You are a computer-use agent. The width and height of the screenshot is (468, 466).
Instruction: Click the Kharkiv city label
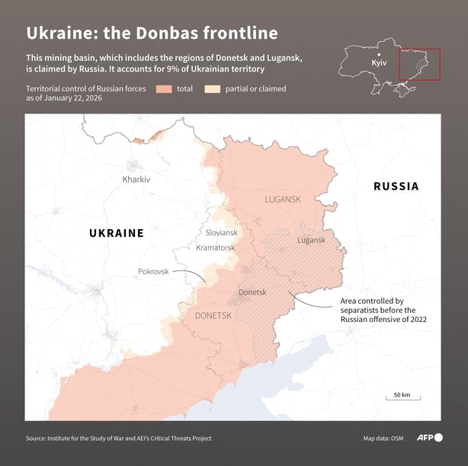136,179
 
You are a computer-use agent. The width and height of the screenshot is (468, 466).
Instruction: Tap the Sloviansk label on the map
222,232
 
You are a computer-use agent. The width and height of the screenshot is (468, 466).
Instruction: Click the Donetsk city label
252,292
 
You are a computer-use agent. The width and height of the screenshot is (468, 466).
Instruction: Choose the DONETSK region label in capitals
214,314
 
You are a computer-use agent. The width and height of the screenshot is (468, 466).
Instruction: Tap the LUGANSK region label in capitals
283,199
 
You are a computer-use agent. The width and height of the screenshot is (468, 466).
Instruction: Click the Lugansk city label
311,240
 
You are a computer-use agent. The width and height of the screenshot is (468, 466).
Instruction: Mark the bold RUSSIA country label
396,186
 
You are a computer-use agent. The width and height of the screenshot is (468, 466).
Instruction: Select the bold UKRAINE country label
116,233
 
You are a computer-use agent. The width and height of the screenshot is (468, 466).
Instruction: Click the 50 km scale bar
402,398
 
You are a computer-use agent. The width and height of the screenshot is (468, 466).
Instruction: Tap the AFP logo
429,438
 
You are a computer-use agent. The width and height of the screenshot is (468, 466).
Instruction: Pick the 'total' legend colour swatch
164,89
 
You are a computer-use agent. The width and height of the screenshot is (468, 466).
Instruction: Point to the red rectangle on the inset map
419,64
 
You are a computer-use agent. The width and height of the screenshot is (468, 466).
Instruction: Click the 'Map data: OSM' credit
383,438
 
